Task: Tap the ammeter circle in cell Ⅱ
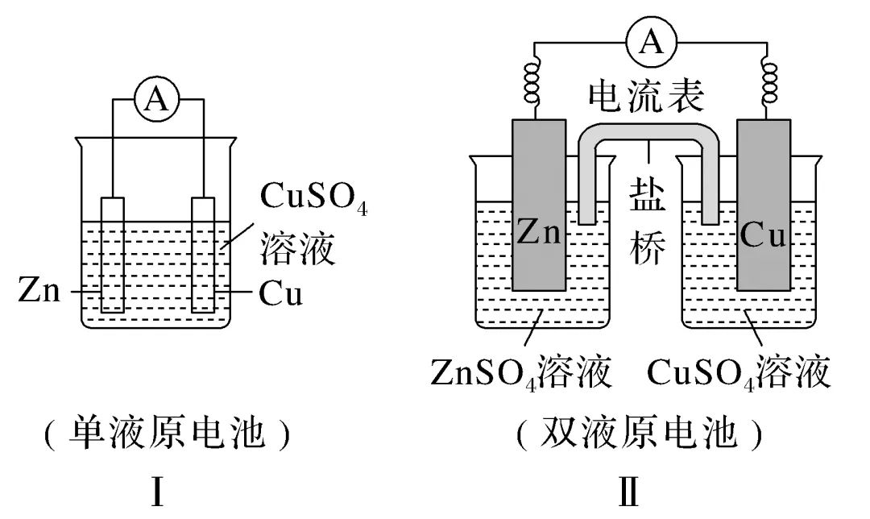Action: pyautogui.click(x=652, y=42)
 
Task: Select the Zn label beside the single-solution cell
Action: pyautogui.click(x=39, y=290)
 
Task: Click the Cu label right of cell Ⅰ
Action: pyautogui.click(x=281, y=293)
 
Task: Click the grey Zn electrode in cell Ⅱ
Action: pyautogui.click(x=539, y=205)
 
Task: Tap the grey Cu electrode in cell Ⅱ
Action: pyautogui.click(x=764, y=205)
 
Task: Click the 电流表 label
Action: pyautogui.click(x=646, y=95)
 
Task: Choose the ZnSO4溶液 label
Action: pyautogui.click(x=521, y=372)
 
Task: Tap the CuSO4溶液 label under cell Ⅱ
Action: pyautogui.click(x=739, y=372)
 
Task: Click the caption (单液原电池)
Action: pyautogui.click(x=167, y=433)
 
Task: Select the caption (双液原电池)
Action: pyautogui.click(x=639, y=433)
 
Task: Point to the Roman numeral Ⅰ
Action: pyautogui.click(x=158, y=492)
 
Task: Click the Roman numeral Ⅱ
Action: pyautogui.click(x=628, y=492)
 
